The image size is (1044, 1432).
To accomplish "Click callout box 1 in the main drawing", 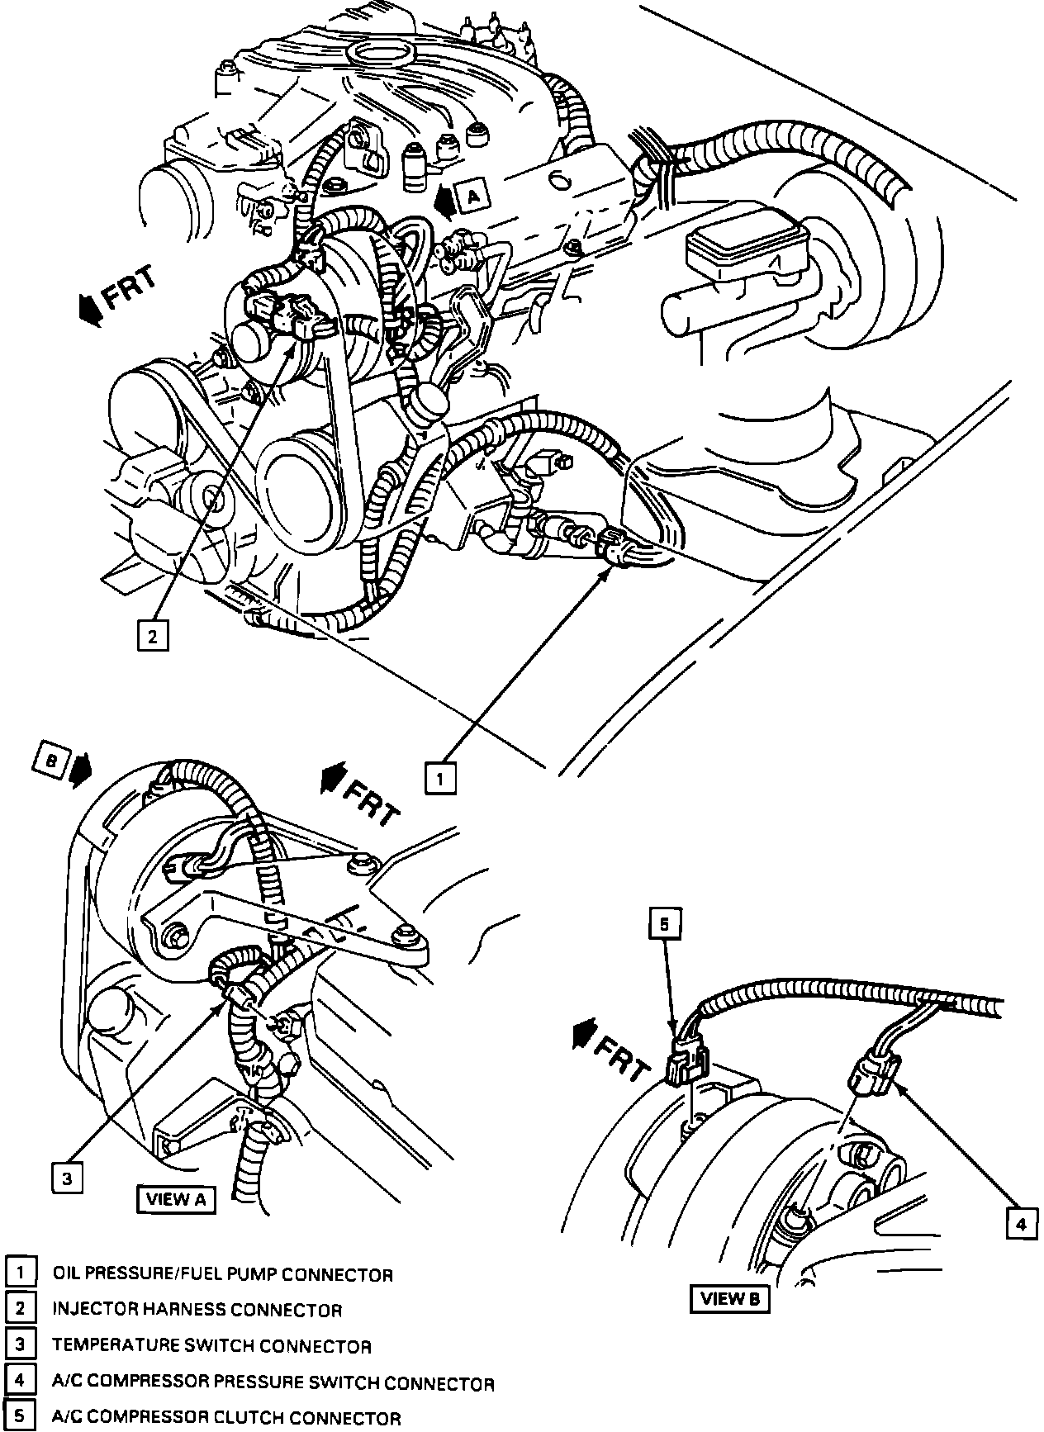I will (440, 778).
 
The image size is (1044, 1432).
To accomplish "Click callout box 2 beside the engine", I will (153, 636).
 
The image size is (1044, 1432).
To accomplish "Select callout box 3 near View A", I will (67, 1178).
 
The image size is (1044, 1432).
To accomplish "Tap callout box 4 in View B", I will (1021, 1224).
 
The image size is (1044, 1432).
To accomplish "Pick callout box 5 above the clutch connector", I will (666, 925).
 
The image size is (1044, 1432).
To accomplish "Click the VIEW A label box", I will (177, 1199).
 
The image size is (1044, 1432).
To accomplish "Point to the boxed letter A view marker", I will (472, 197).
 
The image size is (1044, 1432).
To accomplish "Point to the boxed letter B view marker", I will (51, 764).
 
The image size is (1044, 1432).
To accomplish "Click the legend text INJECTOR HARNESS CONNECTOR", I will (197, 1310).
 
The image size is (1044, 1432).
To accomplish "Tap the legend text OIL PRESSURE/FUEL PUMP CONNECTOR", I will (222, 1274).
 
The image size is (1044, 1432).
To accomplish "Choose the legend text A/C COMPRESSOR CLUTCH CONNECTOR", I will (226, 1418).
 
